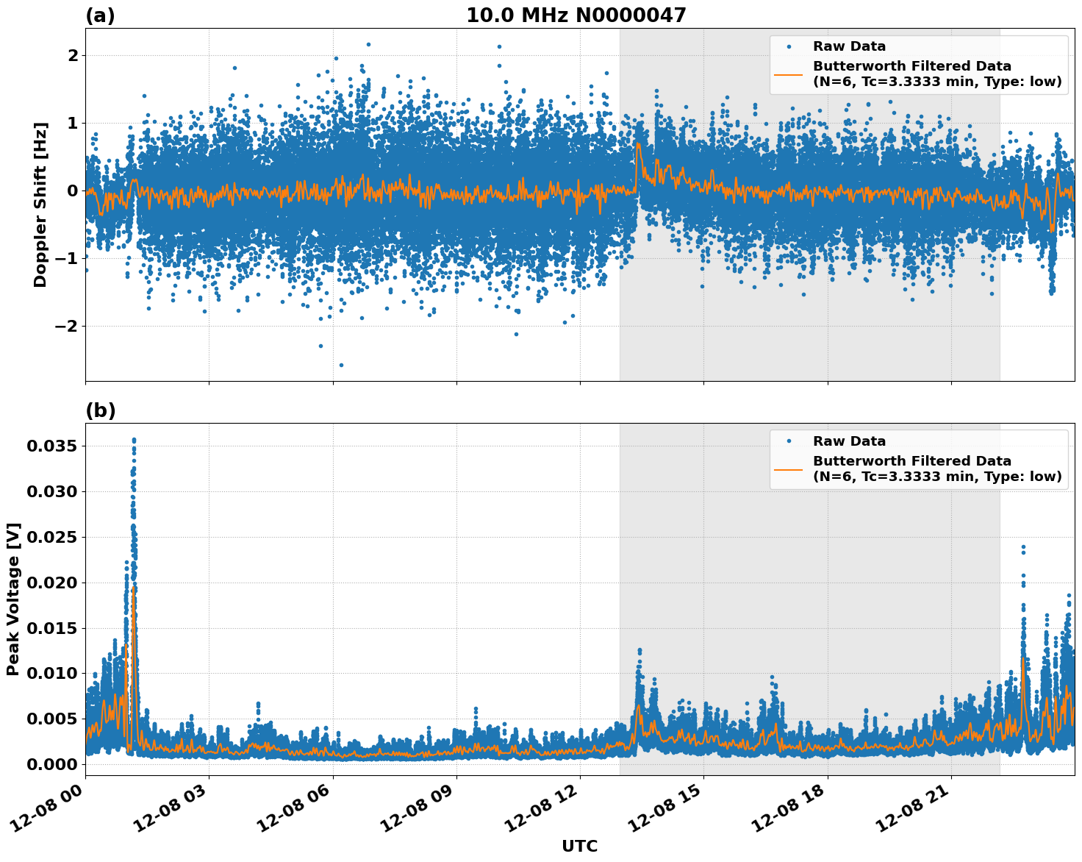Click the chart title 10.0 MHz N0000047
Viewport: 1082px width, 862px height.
[x=576, y=15]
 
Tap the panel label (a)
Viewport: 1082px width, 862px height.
[x=100, y=15]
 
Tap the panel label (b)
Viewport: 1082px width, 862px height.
[x=100, y=410]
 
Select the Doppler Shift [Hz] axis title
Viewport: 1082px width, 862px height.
[x=40, y=204]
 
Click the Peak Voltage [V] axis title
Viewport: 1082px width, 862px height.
[x=13, y=599]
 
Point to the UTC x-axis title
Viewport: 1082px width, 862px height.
[x=579, y=847]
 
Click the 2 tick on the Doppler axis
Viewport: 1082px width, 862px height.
[x=73, y=56]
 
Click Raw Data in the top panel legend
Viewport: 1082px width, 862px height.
[x=849, y=47]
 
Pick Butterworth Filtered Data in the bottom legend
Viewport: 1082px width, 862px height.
[x=911, y=461]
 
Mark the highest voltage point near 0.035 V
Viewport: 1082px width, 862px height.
[x=134, y=440]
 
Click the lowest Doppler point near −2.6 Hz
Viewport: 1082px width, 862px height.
[x=341, y=365]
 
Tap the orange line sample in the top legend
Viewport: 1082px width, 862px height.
[x=789, y=74]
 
